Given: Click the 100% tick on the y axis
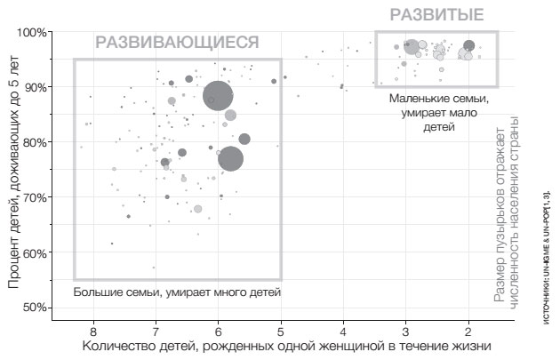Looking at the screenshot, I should coord(33,33).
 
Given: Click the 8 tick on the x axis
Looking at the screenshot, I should coord(93,329).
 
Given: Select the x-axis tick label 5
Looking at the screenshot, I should coord(281,329).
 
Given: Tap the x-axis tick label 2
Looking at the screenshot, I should coord(468,329).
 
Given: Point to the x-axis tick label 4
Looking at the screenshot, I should coord(343,329).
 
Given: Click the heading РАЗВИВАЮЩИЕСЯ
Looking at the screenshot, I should coord(178,42).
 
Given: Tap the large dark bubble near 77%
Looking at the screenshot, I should coord(231,158).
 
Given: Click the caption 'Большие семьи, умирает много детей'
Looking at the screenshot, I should coord(177,292).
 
